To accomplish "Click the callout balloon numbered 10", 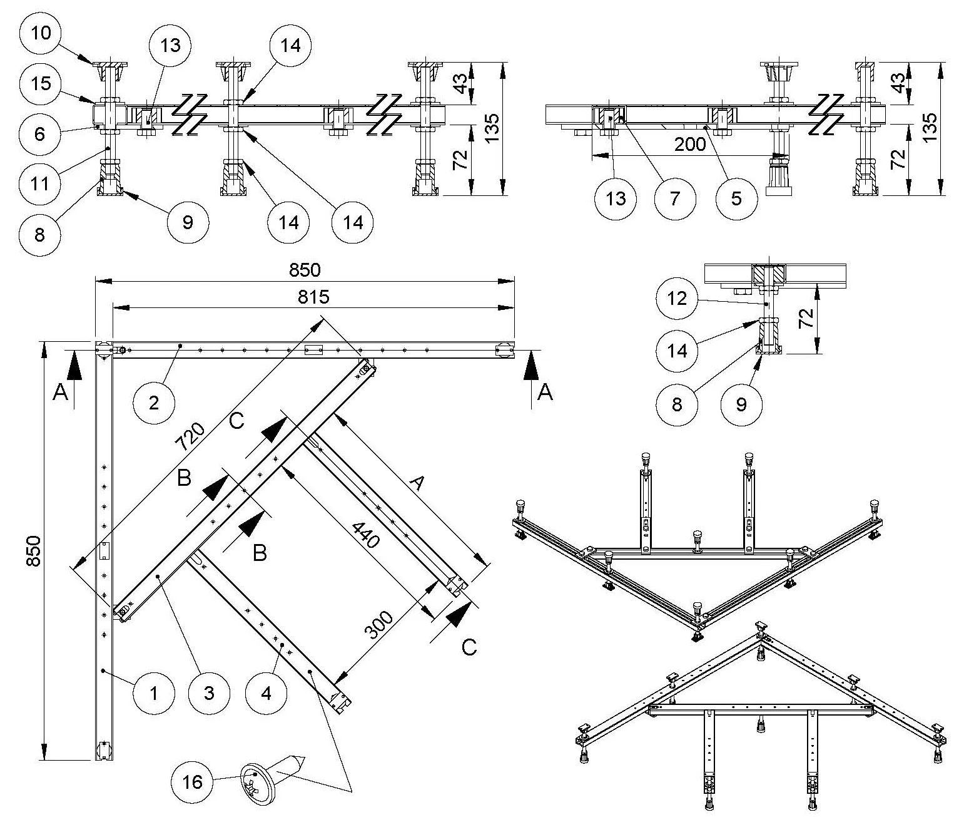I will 41,33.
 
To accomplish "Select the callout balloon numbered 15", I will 41,83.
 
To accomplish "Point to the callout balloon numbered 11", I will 41,184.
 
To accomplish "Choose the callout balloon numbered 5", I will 736,198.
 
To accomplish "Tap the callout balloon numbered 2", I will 155,402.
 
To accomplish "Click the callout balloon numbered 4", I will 266,692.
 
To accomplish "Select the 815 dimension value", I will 313,296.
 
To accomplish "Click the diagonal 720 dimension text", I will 190,437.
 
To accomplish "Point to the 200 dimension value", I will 691,145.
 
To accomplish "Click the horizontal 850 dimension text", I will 305,270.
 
